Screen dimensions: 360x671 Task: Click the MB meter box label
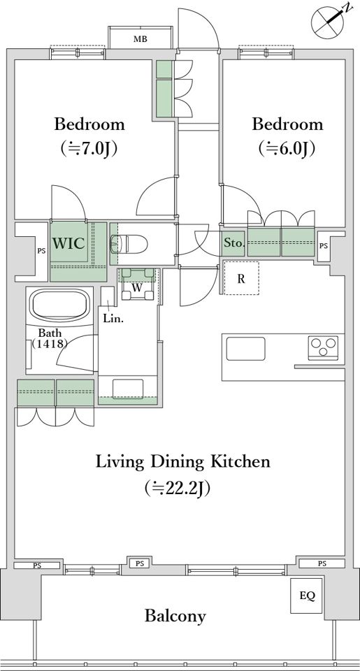tap(140, 40)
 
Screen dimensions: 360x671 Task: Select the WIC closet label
tap(68, 243)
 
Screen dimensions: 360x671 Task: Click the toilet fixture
tap(129, 244)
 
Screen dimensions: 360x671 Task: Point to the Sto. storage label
tap(234, 244)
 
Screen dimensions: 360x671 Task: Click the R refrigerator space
tap(241, 278)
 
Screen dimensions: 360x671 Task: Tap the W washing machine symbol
tap(137, 285)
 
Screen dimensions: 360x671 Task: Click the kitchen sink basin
tap(245, 349)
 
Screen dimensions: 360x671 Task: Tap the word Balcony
tap(175, 616)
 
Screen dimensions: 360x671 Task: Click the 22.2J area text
tap(178, 487)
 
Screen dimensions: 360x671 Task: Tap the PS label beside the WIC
tap(41, 251)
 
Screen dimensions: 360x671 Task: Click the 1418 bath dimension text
tap(50, 342)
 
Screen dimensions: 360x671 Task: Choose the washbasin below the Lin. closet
tap(127, 389)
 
